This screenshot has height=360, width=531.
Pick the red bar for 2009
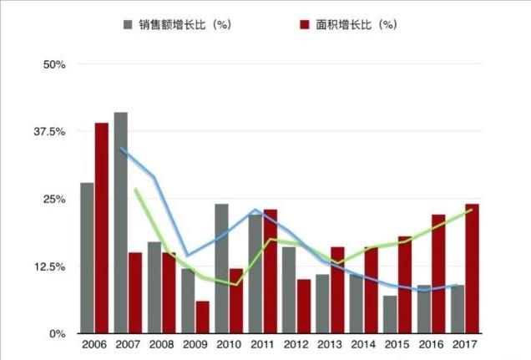[x=203, y=317]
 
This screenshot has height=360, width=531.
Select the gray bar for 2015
[x=390, y=315]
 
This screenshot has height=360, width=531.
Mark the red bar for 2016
[x=438, y=274]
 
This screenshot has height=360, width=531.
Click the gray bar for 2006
[x=87, y=258]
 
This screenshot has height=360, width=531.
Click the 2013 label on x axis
[x=330, y=344]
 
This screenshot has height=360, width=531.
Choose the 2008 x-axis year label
[x=161, y=344]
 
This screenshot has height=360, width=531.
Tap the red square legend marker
[x=305, y=24]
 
